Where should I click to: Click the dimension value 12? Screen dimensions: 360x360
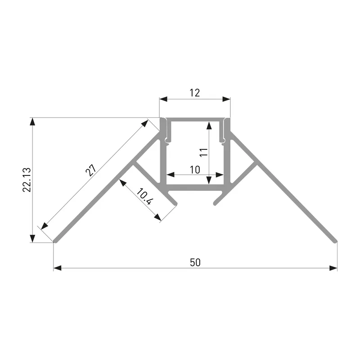tap(195, 93)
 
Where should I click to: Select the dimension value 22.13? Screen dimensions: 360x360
tap(27, 180)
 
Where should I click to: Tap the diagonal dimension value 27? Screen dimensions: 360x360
tap(91, 170)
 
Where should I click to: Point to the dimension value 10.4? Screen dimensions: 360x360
tap(144, 197)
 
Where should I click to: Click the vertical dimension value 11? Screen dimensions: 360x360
tap(204, 153)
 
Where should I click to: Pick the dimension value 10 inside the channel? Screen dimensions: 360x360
tap(195, 170)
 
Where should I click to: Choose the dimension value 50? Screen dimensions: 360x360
tap(195, 262)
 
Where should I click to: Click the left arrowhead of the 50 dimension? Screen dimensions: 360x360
tap(58, 268)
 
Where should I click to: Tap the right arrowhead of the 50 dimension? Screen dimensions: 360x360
tap(333, 268)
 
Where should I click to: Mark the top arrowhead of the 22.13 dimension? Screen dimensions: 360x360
tap(32, 121)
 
